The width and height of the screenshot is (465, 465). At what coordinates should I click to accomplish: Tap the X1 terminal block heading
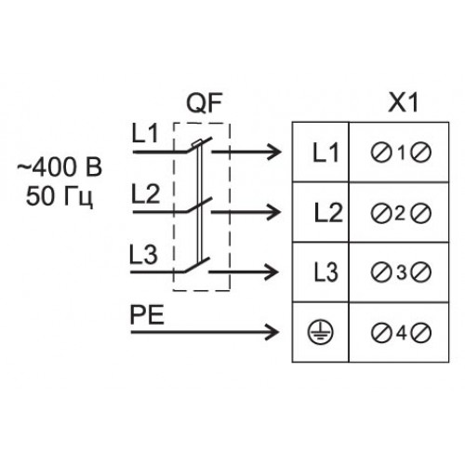click(403, 102)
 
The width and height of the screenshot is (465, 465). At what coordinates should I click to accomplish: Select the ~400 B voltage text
click(59, 167)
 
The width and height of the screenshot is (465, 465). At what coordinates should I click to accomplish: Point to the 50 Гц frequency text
click(60, 196)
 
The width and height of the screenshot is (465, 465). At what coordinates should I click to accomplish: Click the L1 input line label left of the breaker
click(145, 134)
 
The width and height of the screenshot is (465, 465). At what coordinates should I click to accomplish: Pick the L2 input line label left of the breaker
click(145, 193)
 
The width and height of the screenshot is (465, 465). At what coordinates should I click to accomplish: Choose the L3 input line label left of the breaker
click(143, 254)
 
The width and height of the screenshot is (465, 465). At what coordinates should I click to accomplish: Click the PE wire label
click(147, 315)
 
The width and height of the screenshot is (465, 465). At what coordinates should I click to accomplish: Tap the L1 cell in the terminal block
click(325, 153)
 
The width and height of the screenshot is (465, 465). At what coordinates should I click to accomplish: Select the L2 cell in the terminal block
click(328, 213)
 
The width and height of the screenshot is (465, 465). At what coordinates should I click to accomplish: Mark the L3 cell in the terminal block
click(325, 272)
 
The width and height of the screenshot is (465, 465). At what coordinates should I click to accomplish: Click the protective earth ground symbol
click(320, 332)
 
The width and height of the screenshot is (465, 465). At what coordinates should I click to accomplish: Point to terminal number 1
click(402, 153)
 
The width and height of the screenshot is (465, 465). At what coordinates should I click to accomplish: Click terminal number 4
click(401, 333)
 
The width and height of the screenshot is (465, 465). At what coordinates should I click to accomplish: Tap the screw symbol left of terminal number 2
click(381, 213)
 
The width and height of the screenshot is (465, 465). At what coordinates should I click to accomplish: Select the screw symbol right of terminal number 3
click(421, 272)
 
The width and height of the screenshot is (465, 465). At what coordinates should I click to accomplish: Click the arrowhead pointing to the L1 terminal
click(274, 152)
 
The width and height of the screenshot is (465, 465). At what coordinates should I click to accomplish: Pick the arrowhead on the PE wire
click(272, 332)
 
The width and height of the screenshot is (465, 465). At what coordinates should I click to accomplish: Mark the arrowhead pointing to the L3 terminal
click(272, 272)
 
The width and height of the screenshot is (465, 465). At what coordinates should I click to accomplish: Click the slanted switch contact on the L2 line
click(199, 205)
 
